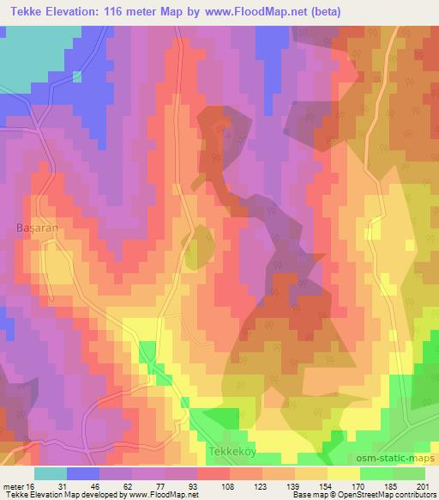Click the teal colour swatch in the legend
(51, 473)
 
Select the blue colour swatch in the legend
(83, 473)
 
